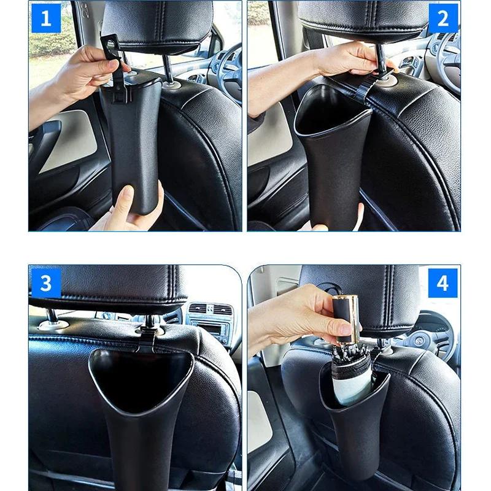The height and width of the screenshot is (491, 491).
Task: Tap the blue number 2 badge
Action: pos(443,18)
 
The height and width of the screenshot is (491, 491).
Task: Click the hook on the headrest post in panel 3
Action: pos(147,334)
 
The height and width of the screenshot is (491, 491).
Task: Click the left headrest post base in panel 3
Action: pos(53,323)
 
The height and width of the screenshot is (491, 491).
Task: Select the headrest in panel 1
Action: pos(157,25)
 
